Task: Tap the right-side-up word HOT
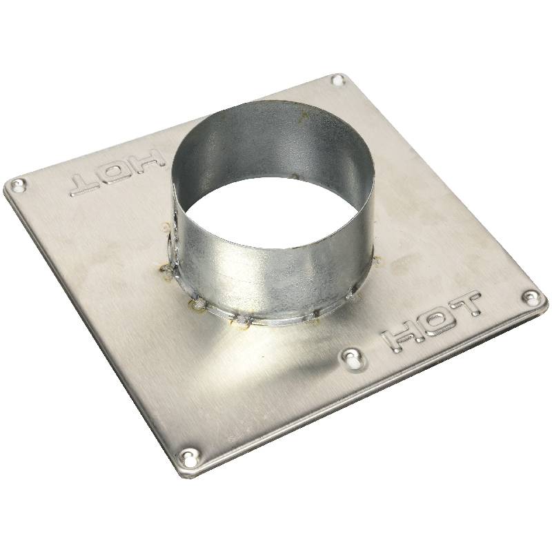click(432, 322)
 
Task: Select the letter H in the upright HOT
click(400, 339)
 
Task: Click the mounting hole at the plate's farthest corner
click(338, 81)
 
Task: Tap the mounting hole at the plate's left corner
click(18, 185)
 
